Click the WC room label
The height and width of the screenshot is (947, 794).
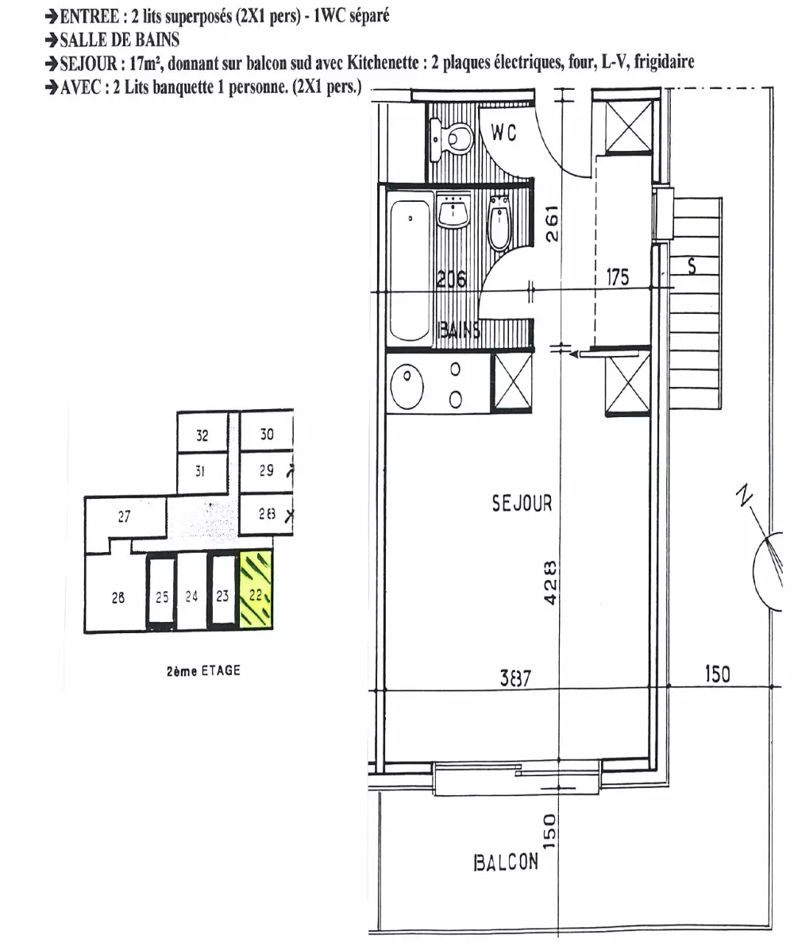point(503,132)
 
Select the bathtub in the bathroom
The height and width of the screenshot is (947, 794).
point(410,269)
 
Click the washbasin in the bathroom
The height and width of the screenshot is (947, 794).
point(453,211)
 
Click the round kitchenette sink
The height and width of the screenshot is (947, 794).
point(407,385)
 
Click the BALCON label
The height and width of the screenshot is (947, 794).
point(506,862)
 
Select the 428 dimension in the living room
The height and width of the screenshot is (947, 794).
point(550,583)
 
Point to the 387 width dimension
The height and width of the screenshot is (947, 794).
point(515,678)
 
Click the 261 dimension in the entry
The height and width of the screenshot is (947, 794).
point(552,224)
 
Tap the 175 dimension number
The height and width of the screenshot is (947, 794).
point(618,277)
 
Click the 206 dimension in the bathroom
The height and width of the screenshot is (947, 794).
point(451,279)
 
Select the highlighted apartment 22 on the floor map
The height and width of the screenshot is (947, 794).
point(256,589)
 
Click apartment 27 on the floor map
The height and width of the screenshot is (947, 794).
point(125,517)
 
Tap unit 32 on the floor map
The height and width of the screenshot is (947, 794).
point(202,435)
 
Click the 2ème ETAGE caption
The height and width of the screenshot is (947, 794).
point(203,671)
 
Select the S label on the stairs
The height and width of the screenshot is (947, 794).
point(692,265)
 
